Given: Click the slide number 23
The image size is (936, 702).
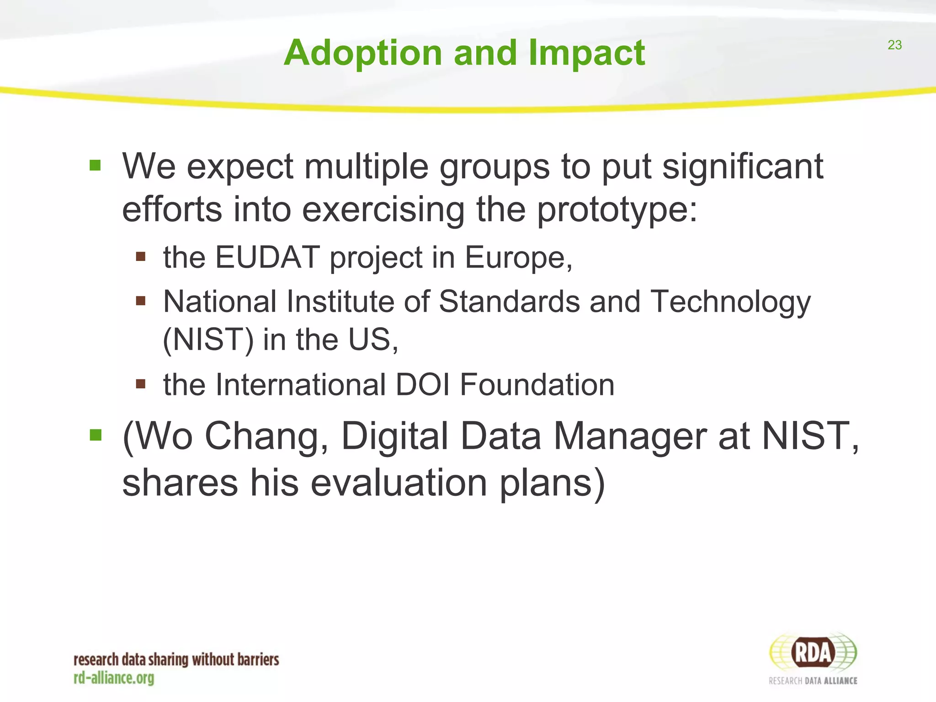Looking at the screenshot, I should [894, 45].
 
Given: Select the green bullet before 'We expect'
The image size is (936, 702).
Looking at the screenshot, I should [95, 165].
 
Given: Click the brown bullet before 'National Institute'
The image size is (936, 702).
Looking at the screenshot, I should [140, 301].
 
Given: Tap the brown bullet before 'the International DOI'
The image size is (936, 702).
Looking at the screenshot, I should [140, 383].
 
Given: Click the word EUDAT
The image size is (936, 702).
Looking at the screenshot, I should [267, 257].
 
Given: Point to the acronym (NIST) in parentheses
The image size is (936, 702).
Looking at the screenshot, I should [208, 340].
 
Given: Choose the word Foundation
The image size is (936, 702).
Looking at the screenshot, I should [537, 385].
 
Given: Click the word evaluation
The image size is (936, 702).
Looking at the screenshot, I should [399, 483].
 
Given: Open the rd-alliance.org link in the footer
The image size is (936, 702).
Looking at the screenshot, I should [114, 678].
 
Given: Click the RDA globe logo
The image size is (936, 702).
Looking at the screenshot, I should [813, 653].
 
